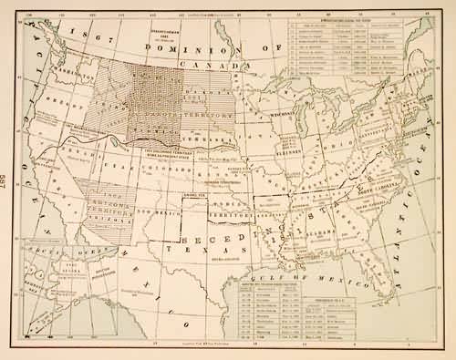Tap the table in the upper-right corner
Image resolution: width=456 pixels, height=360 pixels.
click(368, 55)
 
